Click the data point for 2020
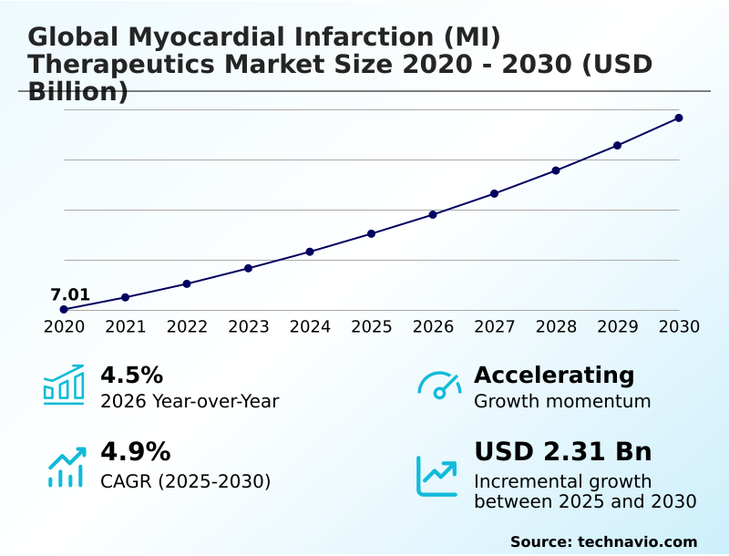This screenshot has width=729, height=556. [x=64, y=310]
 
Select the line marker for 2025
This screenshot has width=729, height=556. [x=372, y=234]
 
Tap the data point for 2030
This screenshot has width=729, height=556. [x=679, y=118]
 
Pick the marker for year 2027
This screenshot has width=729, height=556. [x=494, y=193]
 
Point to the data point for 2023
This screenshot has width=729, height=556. [x=248, y=268]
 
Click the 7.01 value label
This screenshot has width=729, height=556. [x=70, y=294]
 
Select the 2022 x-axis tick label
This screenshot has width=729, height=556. [x=187, y=326]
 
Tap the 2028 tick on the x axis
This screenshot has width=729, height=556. [x=556, y=326]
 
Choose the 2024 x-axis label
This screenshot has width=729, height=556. [x=310, y=326]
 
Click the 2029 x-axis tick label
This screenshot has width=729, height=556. [x=617, y=326]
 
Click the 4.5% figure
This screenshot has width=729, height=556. [x=131, y=375]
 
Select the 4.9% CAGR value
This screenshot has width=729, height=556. [x=135, y=451]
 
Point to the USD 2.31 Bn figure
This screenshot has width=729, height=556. [x=563, y=451]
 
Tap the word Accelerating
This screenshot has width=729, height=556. [x=554, y=375]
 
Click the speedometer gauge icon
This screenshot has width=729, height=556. [x=439, y=385]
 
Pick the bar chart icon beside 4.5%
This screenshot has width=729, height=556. [x=64, y=385]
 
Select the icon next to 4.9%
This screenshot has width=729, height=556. [x=67, y=468]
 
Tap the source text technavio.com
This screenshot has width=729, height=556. [x=637, y=541]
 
